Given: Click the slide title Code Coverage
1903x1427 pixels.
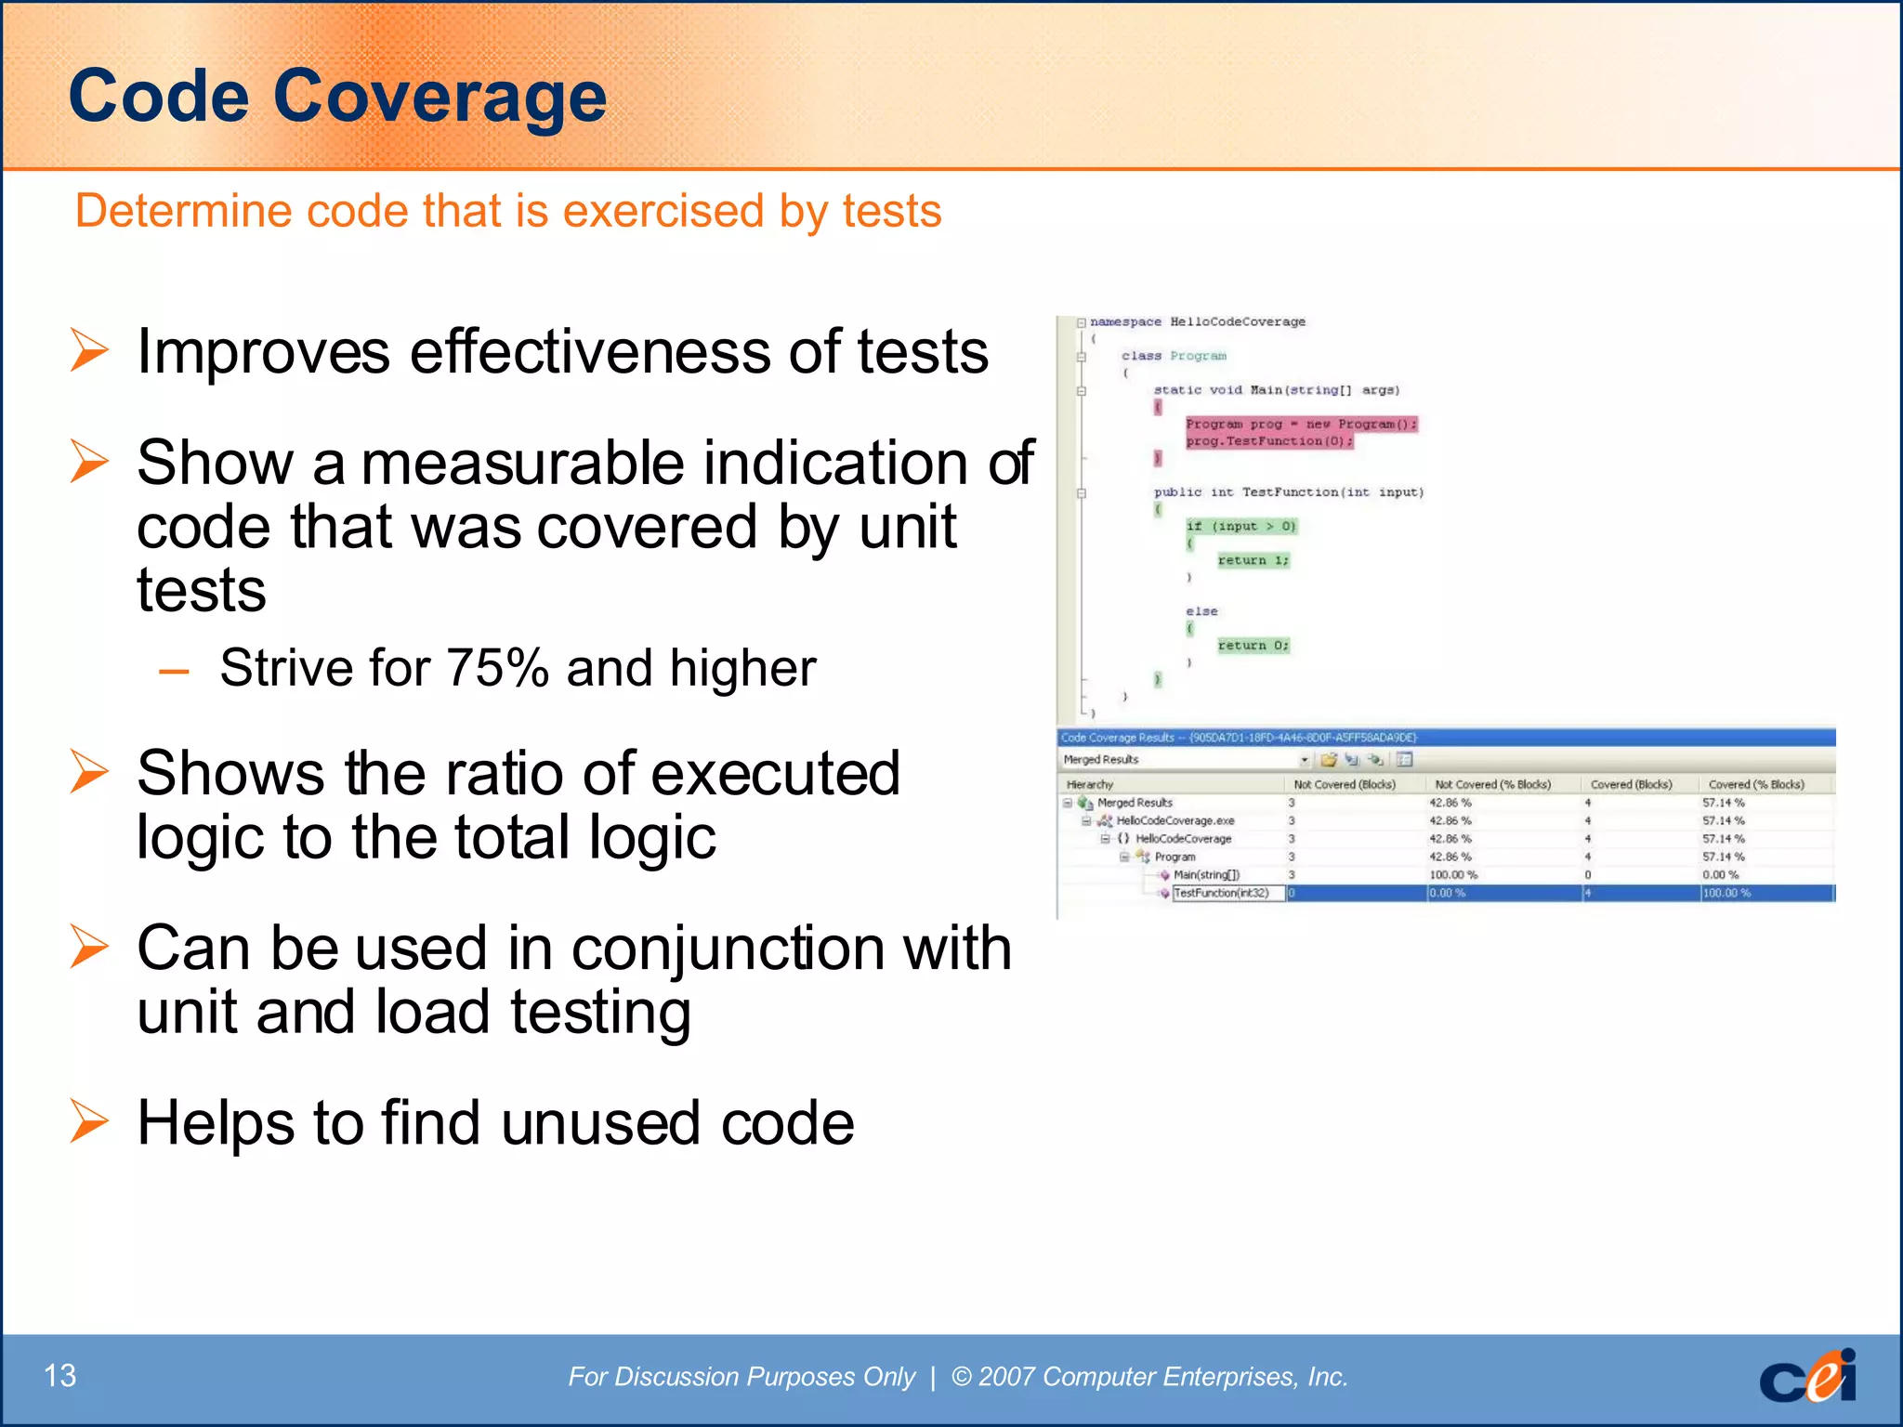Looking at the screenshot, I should click(x=337, y=96).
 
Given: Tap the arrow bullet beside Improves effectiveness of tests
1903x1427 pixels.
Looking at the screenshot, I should click(x=90, y=351).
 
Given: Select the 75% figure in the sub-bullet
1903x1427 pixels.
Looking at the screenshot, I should click(x=497, y=667).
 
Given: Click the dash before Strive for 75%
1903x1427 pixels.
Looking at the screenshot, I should click(x=174, y=670).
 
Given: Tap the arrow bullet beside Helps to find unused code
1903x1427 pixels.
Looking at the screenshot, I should click(x=90, y=1121).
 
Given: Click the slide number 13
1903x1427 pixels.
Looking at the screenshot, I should click(x=60, y=1375).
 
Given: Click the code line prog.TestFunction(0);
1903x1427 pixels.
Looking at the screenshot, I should click(x=1268, y=441).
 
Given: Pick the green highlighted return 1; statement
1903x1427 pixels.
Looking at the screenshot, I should click(x=1253, y=560).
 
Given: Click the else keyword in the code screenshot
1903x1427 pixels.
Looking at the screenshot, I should click(x=1201, y=611).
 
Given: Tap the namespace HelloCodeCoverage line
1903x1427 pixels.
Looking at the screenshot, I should click(x=1197, y=321).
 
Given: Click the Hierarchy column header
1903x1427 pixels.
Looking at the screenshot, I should click(x=1090, y=784).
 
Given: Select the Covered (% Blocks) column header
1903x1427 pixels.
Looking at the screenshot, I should click(x=1755, y=784).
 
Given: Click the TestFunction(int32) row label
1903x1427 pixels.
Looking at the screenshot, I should click(x=1221, y=893).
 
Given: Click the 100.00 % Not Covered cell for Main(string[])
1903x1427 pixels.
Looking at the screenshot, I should click(x=1453, y=874).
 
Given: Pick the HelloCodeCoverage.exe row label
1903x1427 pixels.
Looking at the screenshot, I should click(x=1175, y=820).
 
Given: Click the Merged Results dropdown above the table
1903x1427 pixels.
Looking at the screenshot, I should click(x=1185, y=760).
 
